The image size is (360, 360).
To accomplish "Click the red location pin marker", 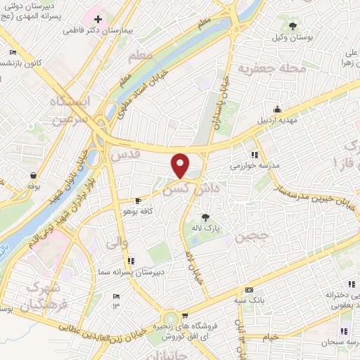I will [x=181, y=165].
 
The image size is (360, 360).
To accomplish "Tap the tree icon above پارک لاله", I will [x=205, y=218].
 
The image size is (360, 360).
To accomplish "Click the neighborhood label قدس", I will [x=126, y=153].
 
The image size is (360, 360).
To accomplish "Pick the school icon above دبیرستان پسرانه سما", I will [x=131, y=261].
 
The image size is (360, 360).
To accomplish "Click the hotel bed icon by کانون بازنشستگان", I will [x=13, y=53].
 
